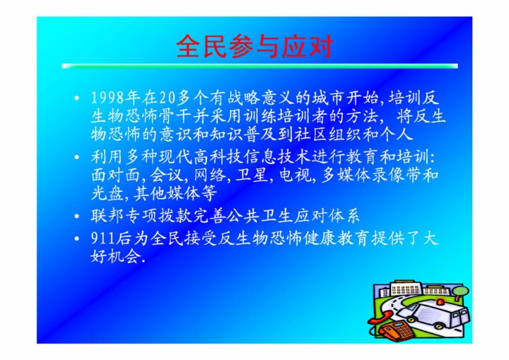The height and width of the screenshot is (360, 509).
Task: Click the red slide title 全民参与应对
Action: [255, 46]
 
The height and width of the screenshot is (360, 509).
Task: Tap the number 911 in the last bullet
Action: [103, 238]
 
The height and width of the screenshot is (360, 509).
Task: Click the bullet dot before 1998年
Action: [76, 98]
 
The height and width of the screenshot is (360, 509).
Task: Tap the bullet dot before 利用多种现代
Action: [76, 157]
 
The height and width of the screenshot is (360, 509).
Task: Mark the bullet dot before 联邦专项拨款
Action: [76, 216]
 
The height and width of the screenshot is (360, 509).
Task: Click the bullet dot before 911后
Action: [76, 239]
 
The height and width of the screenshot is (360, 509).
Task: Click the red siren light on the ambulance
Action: [440, 301]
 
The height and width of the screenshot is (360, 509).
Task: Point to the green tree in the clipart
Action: [461, 293]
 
